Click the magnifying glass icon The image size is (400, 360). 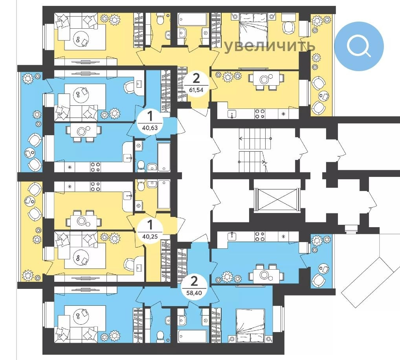point(358,46)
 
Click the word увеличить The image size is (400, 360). point(270,46)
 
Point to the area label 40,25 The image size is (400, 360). point(150,237)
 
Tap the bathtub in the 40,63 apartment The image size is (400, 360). point(164,156)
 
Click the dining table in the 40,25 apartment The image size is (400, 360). point(82,221)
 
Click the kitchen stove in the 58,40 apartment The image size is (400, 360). point(260,236)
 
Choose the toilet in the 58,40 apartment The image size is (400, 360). point(160,336)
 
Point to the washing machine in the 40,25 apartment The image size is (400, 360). point(139,205)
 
